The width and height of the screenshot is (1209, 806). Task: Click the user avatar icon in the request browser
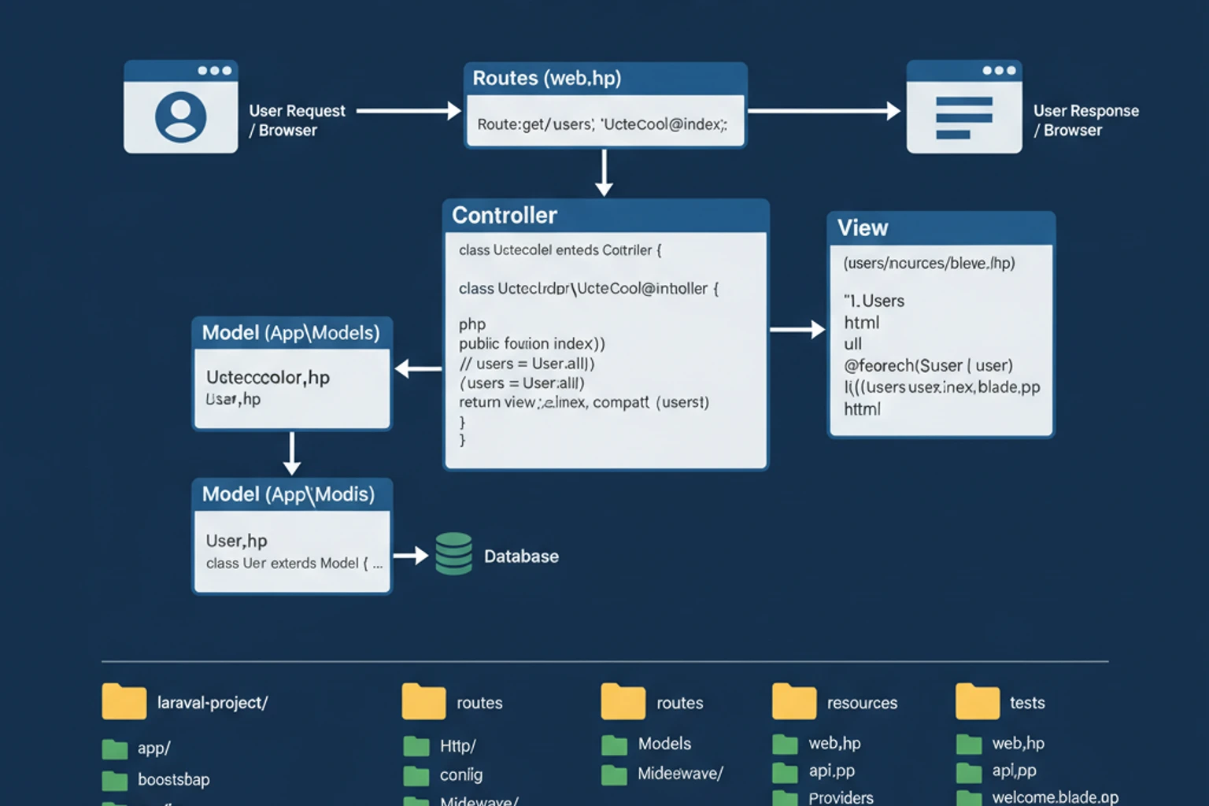tap(180, 117)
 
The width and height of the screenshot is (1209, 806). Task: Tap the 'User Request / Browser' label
tap(297, 120)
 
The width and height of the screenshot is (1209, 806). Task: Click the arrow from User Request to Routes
tap(408, 111)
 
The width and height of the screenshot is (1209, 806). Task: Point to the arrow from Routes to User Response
tap(823, 111)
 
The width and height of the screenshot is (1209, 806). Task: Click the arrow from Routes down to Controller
tap(604, 172)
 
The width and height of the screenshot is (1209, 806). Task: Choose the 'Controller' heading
tap(505, 216)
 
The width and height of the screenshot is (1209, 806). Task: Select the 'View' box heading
tap(863, 228)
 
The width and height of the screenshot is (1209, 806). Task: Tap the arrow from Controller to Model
tap(418, 368)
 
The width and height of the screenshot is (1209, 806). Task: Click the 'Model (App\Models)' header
tap(291, 333)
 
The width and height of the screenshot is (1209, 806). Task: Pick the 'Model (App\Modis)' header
tap(289, 494)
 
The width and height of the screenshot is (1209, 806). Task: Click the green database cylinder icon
tap(453, 554)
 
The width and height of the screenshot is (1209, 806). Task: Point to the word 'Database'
tap(521, 556)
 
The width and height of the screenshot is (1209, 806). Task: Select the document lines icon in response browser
tap(963, 118)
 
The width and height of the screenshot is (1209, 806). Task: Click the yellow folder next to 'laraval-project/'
tap(124, 701)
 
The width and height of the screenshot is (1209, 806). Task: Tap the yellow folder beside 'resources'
tap(794, 701)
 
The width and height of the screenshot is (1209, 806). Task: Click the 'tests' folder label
tap(1027, 703)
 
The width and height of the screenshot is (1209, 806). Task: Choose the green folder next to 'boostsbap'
tap(115, 780)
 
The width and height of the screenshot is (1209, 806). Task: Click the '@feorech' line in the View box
tap(928, 366)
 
